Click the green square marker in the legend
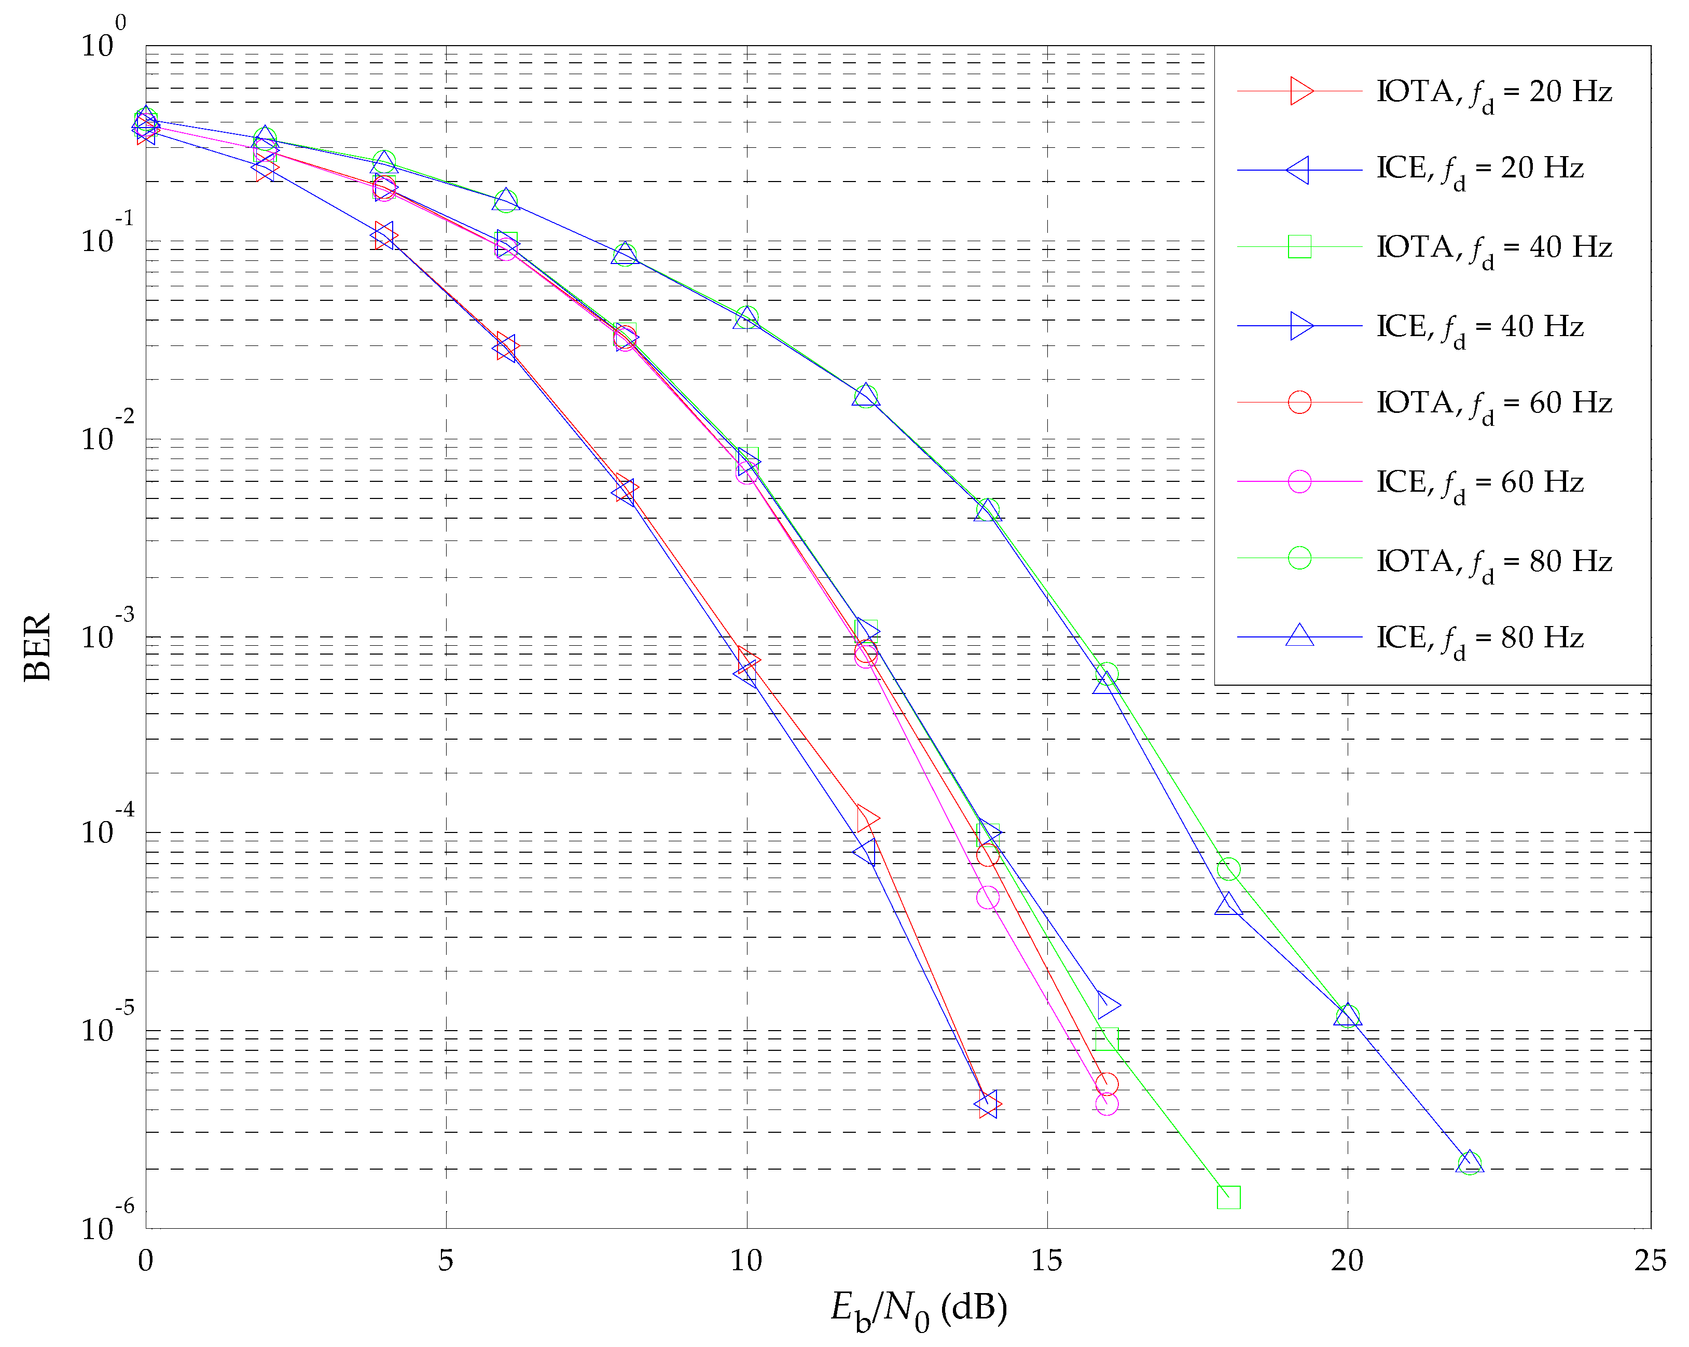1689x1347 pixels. coord(1299,247)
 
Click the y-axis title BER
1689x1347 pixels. coord(37,647)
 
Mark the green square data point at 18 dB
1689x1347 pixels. coord(1228,1197)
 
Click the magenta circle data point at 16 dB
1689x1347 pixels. coord(1106,1103)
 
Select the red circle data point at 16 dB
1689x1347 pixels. coord(1106,1084)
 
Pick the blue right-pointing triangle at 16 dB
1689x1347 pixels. coord(1107,1004)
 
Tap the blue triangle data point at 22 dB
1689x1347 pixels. coord(1469,1162)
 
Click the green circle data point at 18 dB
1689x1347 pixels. coord(1228,868)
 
